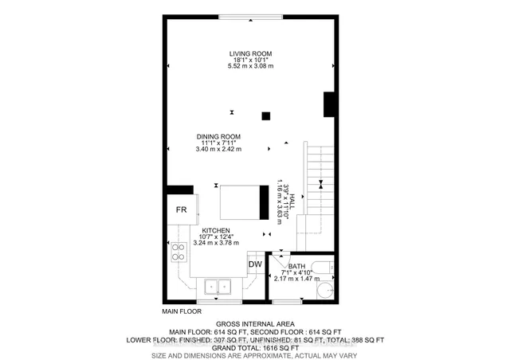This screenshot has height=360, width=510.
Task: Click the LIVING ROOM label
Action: [x=250, y=54]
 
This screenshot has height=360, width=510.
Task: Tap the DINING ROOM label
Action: [x=218, y=137]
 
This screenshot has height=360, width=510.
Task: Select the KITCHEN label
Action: [x=216, y=230]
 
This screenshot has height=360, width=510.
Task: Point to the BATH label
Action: [x=296, y=266]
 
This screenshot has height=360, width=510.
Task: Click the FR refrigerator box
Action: [x=182, y=209]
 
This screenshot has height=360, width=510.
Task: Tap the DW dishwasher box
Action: [x=255, y=264]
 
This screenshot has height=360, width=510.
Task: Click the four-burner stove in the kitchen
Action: [x=178, y=252]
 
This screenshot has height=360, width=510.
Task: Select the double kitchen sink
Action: [x=218, y=287]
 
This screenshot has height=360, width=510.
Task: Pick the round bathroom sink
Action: [x=325, y=289]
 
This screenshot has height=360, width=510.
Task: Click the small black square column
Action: [x=266, y=116]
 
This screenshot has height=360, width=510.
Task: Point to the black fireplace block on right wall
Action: [x=329, y=104]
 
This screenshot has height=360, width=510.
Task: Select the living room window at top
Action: [x=250, y=17]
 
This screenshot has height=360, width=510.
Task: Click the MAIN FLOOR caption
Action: [x=182, y=311]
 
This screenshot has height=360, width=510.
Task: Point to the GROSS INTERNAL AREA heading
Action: [x=255, y=324]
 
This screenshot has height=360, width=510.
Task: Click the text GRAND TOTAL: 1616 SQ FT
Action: [x=255, y=348]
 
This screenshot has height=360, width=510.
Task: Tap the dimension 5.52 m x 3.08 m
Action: [x=250, y=66]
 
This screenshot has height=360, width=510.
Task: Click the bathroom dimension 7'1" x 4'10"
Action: [x=296, y=272]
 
